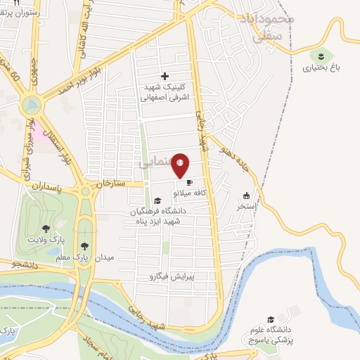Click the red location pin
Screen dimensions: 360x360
tap(181, 165)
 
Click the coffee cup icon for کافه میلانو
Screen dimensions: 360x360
tap(189, 183)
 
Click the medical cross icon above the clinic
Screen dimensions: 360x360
tap(165, 76)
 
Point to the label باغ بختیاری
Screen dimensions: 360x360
tap(321, 68)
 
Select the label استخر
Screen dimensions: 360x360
tap(246, 207)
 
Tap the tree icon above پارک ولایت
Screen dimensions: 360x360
tap(46, 228)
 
